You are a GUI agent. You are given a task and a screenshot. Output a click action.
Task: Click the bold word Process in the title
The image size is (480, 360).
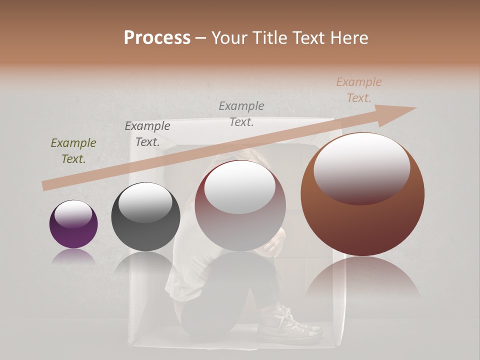(x=157, y=38)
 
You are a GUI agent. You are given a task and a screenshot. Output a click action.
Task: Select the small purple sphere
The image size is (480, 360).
(x=73, y=224)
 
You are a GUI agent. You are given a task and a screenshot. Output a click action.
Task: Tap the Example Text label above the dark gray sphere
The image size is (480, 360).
(x=147, y=134)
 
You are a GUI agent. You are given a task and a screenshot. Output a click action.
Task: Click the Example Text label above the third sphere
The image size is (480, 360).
(x=241, y=113)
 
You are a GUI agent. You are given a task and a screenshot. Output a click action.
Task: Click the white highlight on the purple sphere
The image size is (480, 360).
(x=73, y=214)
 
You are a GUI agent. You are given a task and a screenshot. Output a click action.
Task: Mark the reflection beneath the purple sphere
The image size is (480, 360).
(x=73, y=257)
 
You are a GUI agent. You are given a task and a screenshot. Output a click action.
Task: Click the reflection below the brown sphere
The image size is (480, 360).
(x=362, y=280)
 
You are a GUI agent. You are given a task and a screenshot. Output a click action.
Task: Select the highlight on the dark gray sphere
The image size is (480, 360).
(x=145, y=202)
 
